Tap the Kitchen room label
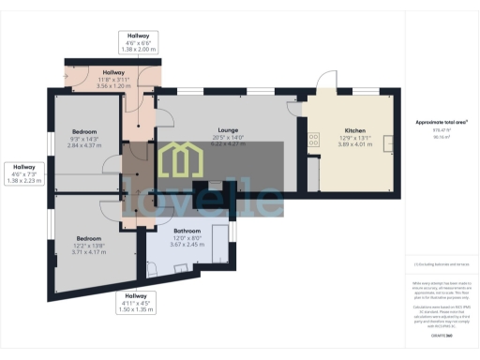click(x=354, y=130)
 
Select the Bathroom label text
click(x=187, y=229)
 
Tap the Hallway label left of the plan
click(x=25, y=168)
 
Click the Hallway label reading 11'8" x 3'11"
click(x=113, y=72)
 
